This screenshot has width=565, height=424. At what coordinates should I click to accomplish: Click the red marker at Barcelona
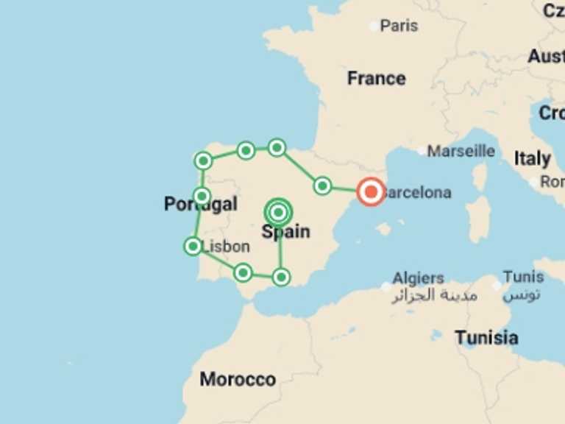tap(371, 192)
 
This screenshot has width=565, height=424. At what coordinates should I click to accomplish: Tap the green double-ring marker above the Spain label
tap(279, 213)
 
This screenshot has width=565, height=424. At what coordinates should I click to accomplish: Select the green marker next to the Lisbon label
tap(193, 246)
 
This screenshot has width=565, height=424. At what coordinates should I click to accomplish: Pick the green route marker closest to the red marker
tap(322, 185)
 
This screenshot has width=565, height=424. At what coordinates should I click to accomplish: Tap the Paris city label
tap(399, 26)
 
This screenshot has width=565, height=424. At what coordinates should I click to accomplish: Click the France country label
tap(376, 78)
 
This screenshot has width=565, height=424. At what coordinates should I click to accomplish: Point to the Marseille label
tap(461, 151)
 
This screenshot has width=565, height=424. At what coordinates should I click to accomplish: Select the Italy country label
tap(532, 158)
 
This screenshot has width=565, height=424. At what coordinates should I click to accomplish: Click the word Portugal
tap(200, 205)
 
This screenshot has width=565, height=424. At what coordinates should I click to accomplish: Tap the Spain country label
tap(285, 232)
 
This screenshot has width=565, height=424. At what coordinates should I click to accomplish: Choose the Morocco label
tap(238, 380)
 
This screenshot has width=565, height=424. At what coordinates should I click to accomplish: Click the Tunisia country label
tap(486, 338)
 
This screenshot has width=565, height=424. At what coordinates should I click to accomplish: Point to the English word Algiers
tap(418, 278)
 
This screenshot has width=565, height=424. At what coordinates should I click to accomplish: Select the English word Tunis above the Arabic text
tap(523, 278)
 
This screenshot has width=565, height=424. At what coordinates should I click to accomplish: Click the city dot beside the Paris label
tap(374, 26)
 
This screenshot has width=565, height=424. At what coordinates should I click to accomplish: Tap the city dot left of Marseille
tap(422, 151)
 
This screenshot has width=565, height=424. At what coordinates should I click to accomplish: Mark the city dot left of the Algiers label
tap(386, 286)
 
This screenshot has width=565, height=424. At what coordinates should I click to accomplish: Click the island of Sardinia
tap(478, 219)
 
